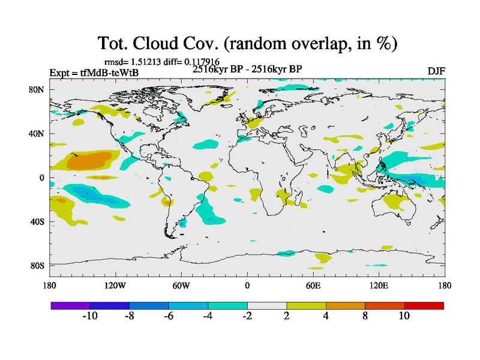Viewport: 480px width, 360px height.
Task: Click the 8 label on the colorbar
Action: coord(365,316)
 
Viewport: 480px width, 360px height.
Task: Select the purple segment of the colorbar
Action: coord(70,305)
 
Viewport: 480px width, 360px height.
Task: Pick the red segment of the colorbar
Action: coord(424,305)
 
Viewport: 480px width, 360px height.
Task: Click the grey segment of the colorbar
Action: coord(267,305)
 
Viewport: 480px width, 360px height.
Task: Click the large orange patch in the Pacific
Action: coord(90,161)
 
